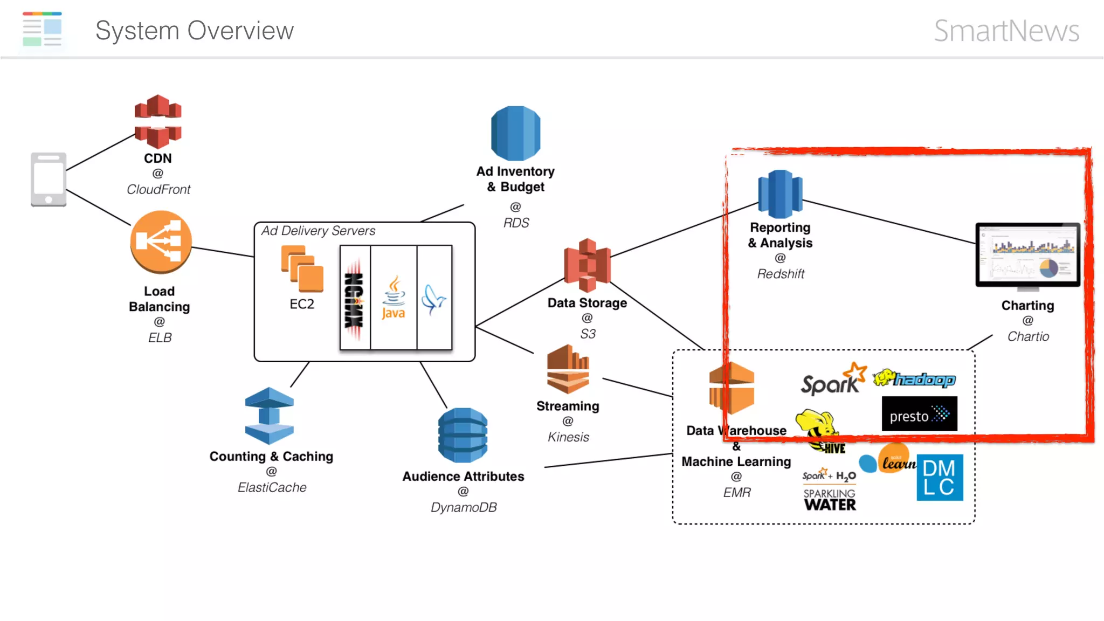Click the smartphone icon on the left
(49, 179)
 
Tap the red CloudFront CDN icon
(157, 122)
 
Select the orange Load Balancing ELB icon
(161, 242)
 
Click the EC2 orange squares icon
(302, 269)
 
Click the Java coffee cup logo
(394, 298)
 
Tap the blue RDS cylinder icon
(515, 133)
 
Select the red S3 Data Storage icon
(587, 265)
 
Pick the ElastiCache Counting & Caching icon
(269, 416)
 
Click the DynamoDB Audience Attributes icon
(463, 435)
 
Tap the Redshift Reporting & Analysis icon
(779, 194)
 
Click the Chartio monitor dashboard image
(1027, 254)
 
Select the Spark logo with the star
(833, 379)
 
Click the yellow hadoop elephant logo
(914, 379)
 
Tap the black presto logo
(919, 414)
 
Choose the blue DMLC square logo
(940, 478)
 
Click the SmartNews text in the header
(1006, 31)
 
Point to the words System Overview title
(195, 31)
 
